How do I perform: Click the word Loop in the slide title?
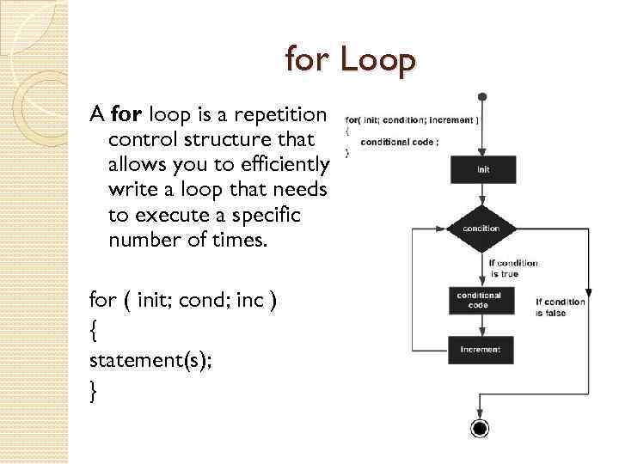[377, 61]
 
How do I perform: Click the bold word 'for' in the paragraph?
[126, 114]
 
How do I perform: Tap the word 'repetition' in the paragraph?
[281, 114]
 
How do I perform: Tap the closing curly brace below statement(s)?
[93, 392]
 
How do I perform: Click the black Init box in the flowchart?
[483, 169]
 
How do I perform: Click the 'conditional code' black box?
[480, 300]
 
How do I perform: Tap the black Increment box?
[480, 350]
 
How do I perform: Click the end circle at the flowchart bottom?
[480, 429]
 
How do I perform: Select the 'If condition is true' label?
[514, 268]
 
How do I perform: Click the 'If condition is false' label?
[561, 307]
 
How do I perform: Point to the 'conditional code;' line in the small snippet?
[399, 142]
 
